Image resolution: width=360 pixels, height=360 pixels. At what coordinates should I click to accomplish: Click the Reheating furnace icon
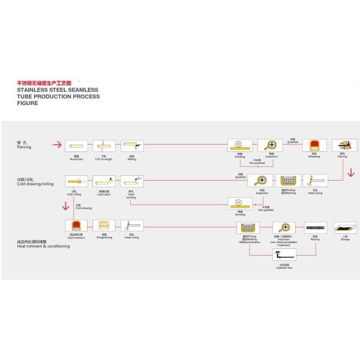tap(314, 145)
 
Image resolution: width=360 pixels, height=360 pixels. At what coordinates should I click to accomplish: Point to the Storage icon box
tap(344, 227)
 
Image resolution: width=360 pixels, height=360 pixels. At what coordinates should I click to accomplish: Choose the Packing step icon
tap(314, 227)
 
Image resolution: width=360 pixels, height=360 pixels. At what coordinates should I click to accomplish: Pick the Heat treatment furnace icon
tap(76, 226)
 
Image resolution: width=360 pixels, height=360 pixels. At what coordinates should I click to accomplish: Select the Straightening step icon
tap(104, 226)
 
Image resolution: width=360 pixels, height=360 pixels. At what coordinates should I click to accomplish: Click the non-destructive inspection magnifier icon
tap(283, 227)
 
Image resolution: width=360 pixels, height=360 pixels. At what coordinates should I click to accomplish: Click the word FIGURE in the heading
tap(27, 103)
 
